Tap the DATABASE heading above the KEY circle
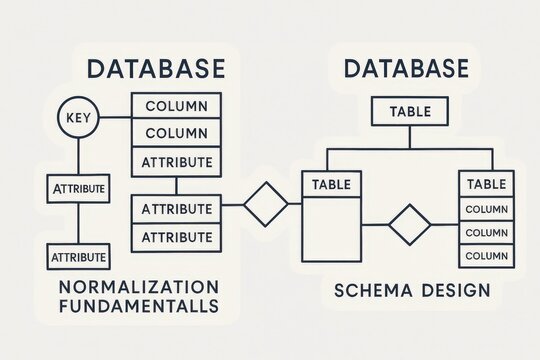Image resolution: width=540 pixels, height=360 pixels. pos(155,69)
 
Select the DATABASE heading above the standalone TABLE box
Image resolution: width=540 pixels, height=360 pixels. pos(405,69)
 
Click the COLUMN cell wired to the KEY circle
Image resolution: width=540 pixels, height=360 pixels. pos(176,106)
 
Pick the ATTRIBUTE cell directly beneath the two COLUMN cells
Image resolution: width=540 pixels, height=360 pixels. pos(176,162)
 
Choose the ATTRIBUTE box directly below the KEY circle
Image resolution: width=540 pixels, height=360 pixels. pos(78,188)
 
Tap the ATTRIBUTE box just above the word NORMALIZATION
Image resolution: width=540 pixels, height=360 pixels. pos(78,257)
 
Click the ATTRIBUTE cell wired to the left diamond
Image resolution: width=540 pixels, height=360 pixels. pos(176,209)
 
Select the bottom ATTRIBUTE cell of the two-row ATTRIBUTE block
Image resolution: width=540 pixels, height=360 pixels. pos(176,237)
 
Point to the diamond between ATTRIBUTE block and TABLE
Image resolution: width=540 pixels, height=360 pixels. pos(265,204)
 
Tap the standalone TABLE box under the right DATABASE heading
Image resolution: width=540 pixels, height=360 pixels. pos(410,111)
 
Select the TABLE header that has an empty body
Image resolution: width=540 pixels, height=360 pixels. pos(331,184)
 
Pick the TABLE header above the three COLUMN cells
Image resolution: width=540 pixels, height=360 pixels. pos(486,184)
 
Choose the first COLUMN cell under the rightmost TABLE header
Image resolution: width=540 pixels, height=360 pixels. pos(486,210)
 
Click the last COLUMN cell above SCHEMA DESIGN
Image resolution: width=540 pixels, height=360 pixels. pos(486,255)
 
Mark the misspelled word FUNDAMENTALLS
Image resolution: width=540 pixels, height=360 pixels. pos(139,307)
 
